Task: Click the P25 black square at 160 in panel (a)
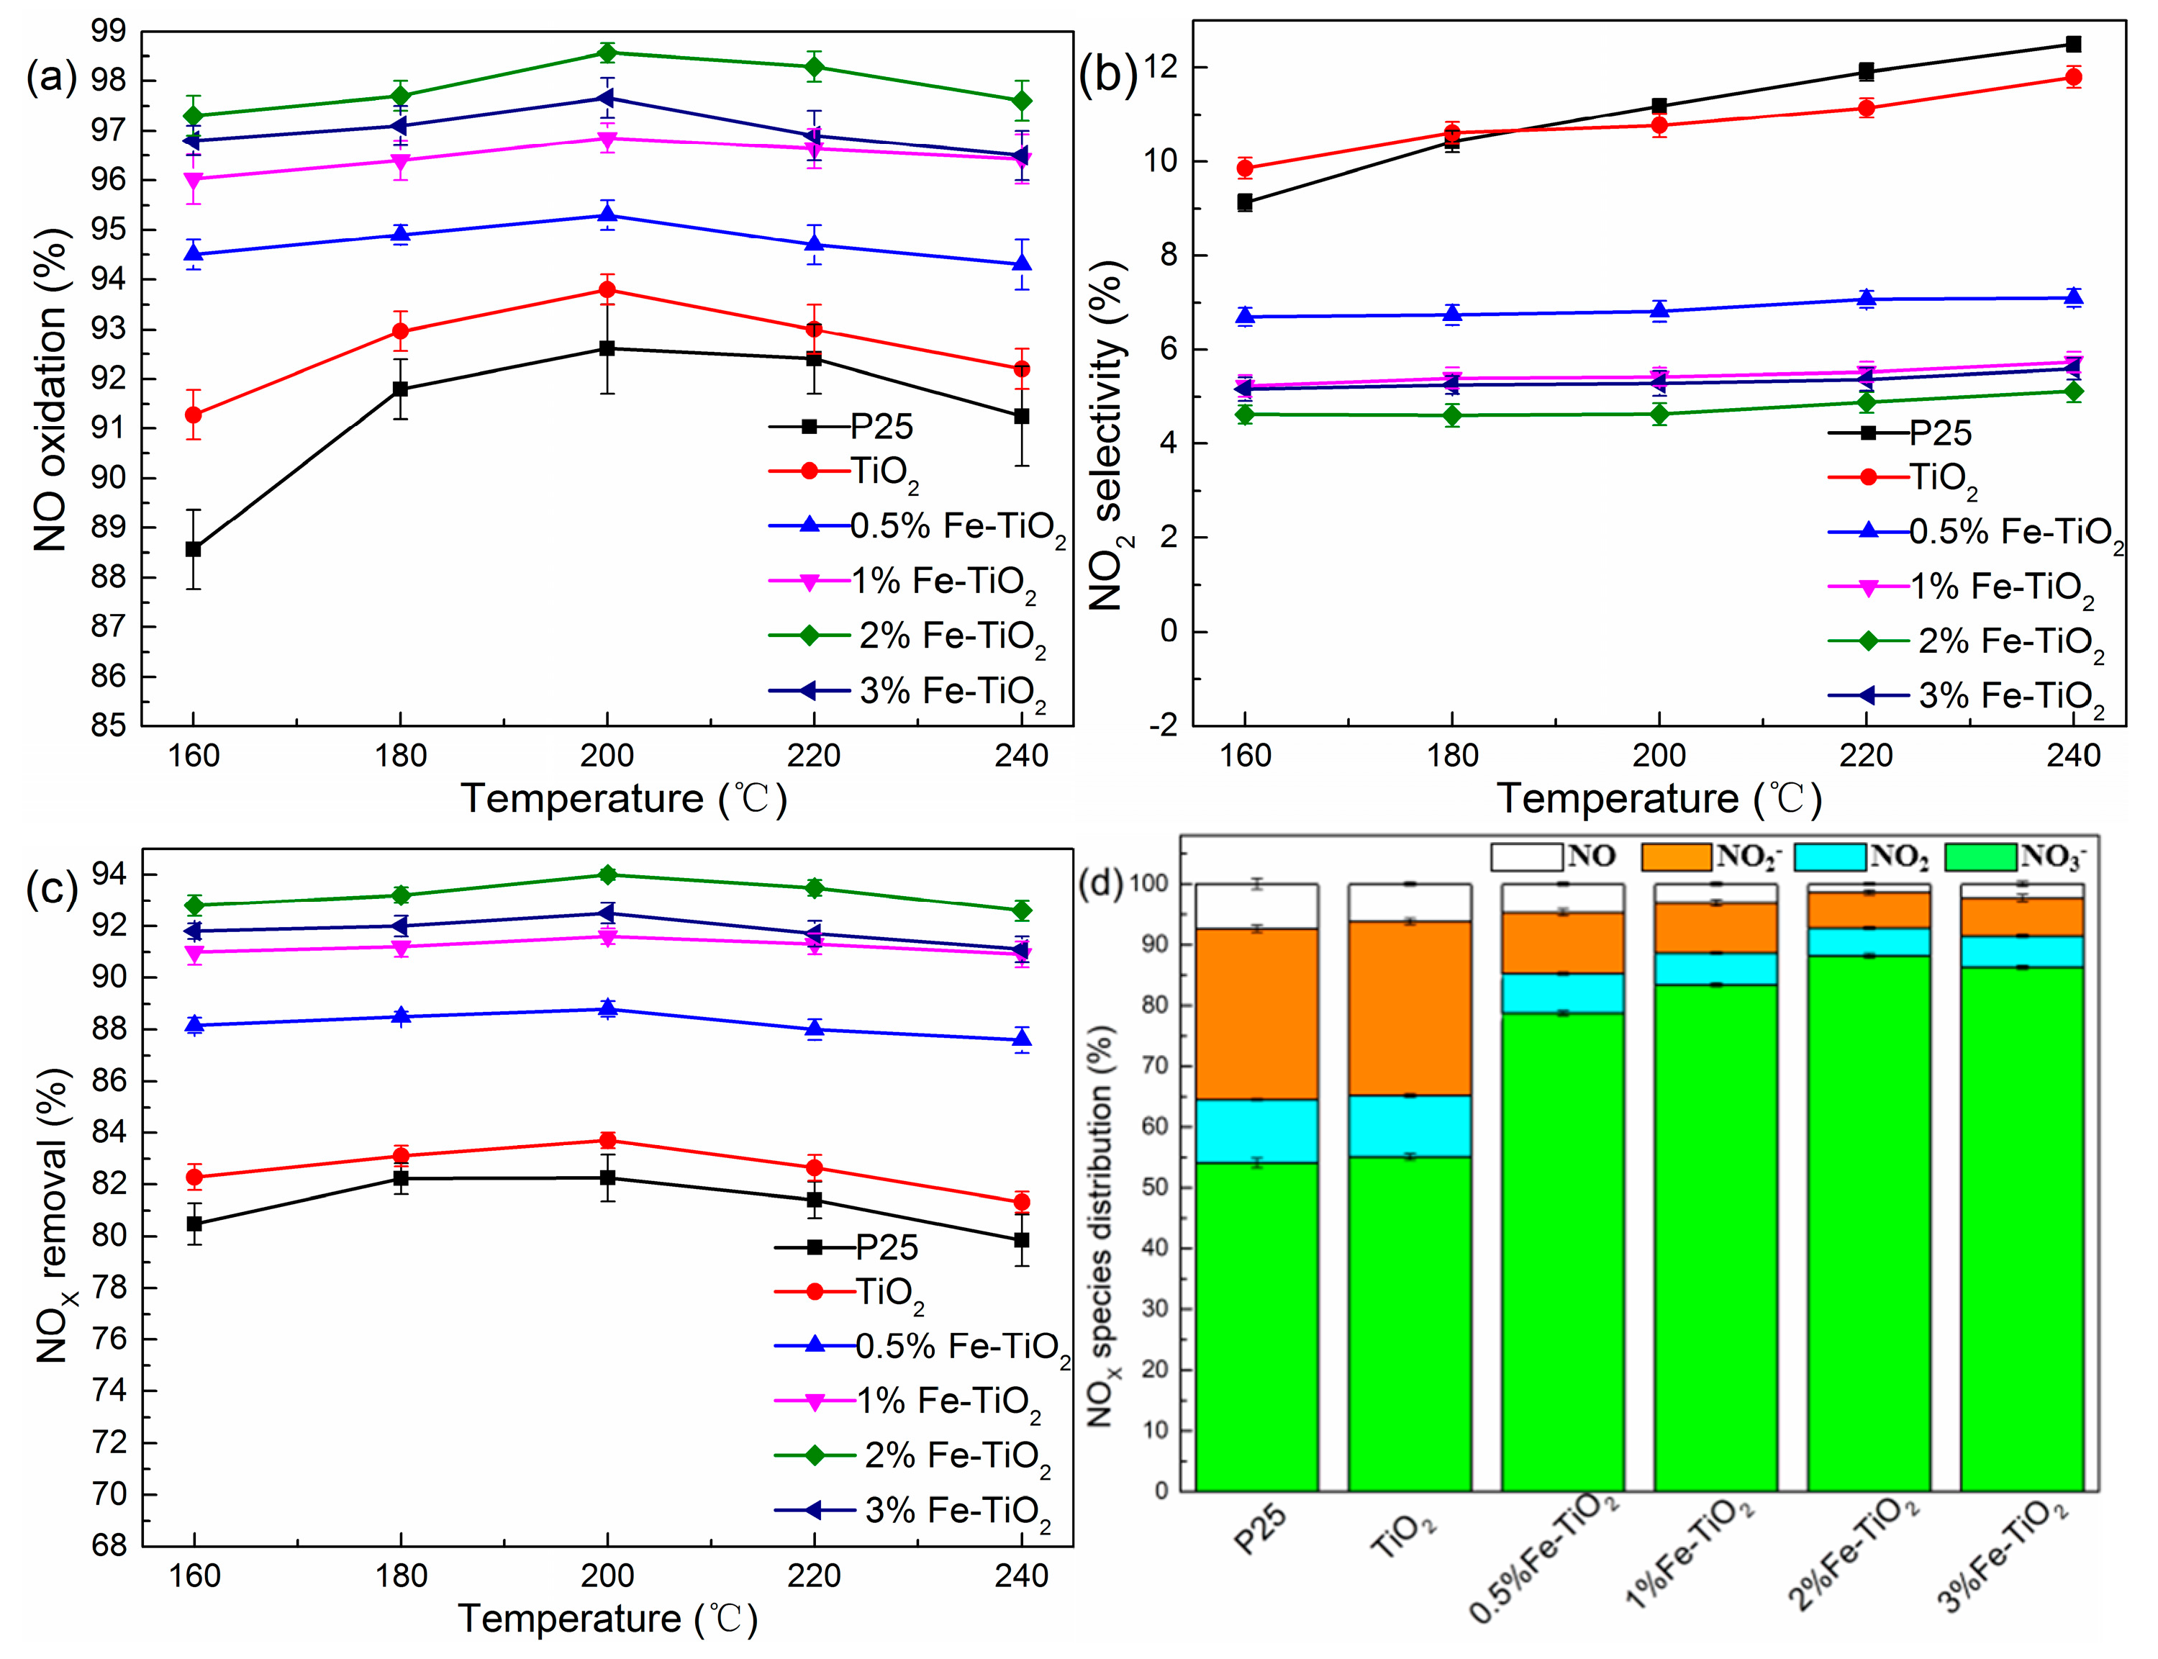point(194,549)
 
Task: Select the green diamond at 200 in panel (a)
point(607,53)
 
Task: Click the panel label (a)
point(51,76)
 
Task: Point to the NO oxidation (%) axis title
point(50,390)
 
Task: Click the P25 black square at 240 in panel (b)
point(2073,45)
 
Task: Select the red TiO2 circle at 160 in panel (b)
point(1245,169)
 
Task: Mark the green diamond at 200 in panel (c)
point(607,875)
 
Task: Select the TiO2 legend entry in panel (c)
point(889,1293)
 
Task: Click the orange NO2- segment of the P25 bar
point(1256,1013)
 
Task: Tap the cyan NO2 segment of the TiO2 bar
point(1409,1126)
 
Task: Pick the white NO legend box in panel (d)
point(1526,856)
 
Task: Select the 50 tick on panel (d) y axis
point(1163,1187)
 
